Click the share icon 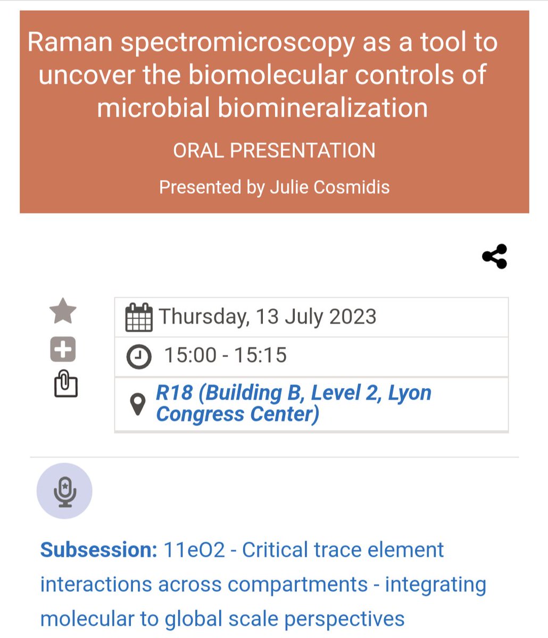point(494,256)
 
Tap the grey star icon point(63,311)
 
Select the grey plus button point(63,349)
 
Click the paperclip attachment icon point(66,384)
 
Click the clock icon point(138,356)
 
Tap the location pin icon point(138,405)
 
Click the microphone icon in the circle point(64,491)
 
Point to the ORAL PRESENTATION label point(274,150)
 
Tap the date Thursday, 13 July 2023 point(267,317)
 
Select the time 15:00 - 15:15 point(225,355)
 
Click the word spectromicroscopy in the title point(237,43)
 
